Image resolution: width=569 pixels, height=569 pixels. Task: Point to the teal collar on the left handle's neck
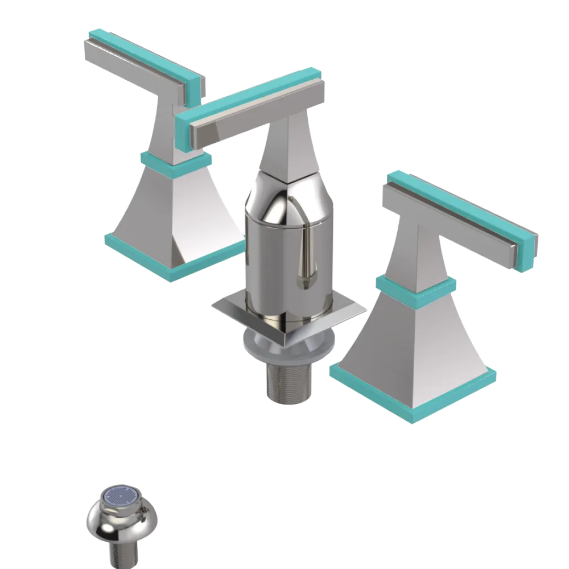pos(176,162)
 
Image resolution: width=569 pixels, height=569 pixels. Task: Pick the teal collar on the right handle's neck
pos(415,286)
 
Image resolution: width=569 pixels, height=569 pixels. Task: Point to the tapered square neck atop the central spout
pos(287,148)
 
